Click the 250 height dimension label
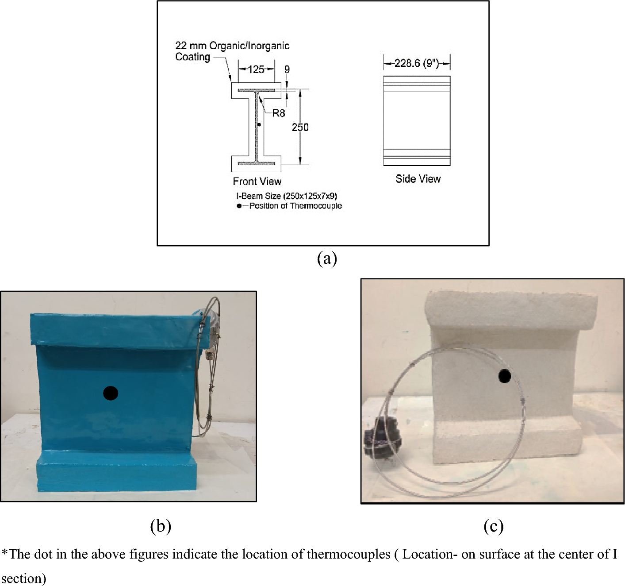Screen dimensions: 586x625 click(300, 127)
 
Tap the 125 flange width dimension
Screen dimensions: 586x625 click(256, 69)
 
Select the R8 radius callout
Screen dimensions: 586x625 click(279, 113)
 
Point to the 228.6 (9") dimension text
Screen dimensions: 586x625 click(416, 63)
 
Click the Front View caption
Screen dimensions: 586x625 click(257, 181)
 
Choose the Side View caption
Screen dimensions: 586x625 click(418, 179)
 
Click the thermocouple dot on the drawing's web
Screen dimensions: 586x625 click(259, 125)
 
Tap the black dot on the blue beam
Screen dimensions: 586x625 click(111, 393)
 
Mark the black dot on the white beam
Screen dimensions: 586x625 click(505, 376)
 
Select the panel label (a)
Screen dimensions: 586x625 click(327, 258)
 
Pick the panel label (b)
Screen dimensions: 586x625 click(160, 526)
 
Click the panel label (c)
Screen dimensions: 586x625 click(493, 526)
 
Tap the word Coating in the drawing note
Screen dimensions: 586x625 click(192, 57)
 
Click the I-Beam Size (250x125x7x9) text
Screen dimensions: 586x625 click(287, 196)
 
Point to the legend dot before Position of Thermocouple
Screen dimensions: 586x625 click(239, 206)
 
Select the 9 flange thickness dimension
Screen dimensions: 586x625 click(287, 69)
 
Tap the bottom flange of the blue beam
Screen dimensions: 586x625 click(116, 474)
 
